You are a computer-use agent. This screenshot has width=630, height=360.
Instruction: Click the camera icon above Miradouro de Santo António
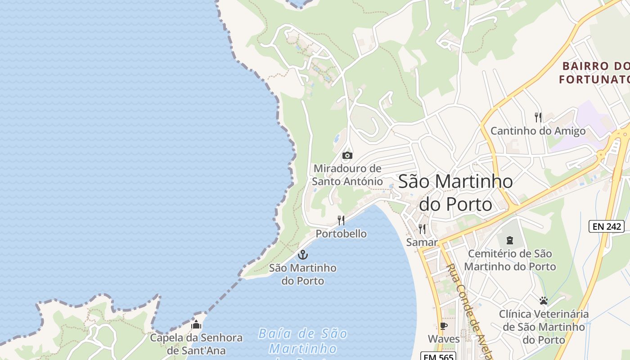tap(347, 156)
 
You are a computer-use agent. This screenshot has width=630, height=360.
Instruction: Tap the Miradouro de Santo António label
tap(347, 175)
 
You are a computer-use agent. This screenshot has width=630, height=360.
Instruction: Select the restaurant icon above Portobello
tap(341, 220)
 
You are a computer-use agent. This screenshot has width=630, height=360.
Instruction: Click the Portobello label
tap(341, 234)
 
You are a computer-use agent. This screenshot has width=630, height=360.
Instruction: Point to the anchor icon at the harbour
tap(303, 255)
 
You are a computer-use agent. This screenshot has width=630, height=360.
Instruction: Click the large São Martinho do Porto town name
tap(455, 193)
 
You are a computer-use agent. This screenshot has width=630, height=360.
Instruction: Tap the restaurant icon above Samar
tap(422, 229)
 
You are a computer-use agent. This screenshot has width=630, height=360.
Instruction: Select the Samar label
tap(422, 243)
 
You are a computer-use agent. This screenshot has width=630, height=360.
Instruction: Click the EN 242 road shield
tap(607, 226)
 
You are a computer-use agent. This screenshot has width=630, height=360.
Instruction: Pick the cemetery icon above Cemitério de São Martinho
tap(509, 240)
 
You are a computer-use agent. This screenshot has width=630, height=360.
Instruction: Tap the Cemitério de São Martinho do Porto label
tap(510, 260)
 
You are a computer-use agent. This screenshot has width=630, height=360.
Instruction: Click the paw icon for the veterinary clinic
tap(544, 300)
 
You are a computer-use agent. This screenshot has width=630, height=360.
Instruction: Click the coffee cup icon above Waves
tap(444, 326)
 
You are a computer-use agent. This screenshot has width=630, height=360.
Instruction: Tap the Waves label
tap(444, 339)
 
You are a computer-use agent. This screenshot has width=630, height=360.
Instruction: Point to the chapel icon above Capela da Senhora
tap(196, 324)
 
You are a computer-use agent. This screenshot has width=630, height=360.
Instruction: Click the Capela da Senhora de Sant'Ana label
tap(196, 344)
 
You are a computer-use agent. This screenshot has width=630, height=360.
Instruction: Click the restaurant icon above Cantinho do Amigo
tap(538, 117)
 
